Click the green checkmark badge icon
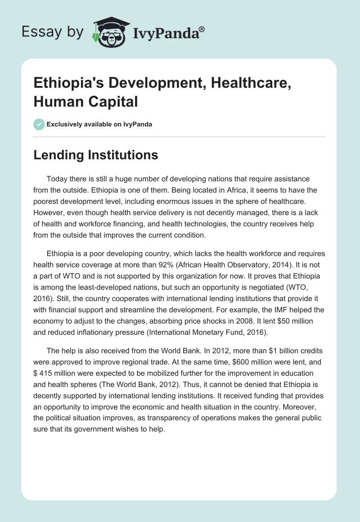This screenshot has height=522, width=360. tap(39, 124)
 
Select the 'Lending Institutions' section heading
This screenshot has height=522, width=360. tap(96, 155)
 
